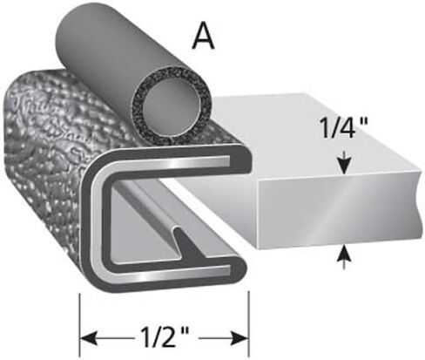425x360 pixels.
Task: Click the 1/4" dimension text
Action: (x=344, y=127)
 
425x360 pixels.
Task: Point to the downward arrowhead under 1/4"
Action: (x=344, y=166)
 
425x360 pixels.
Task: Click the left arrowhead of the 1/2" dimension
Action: (x=89, y=338)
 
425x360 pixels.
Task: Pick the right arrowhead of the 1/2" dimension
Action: (x=239, y=338)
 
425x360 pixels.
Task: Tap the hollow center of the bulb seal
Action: (x=172, y=107)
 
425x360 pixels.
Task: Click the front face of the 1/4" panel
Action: (x=338, y=212)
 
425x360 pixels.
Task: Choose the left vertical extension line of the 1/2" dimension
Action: (x=79, y=325)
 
